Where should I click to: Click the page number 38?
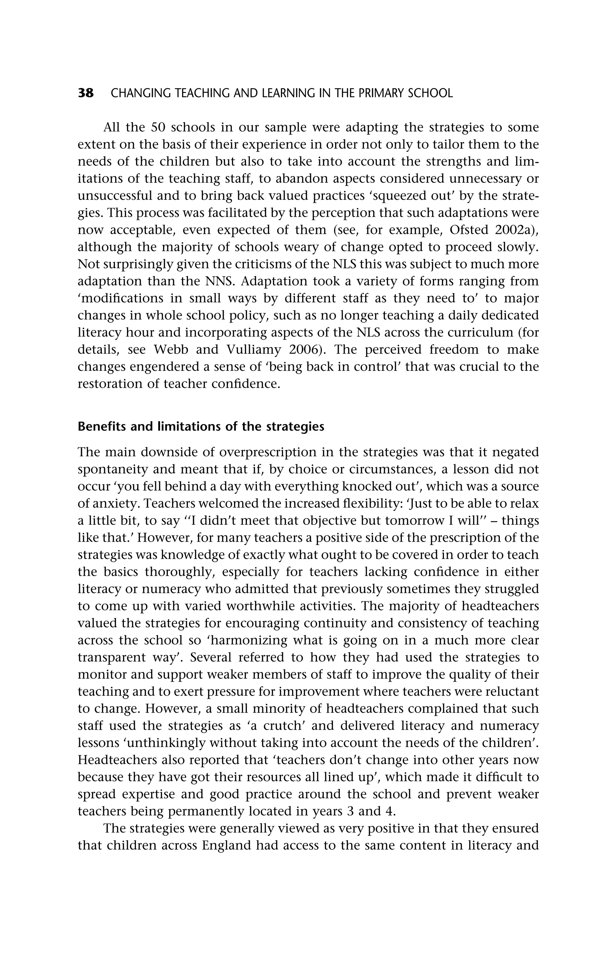(x=86, y=93)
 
